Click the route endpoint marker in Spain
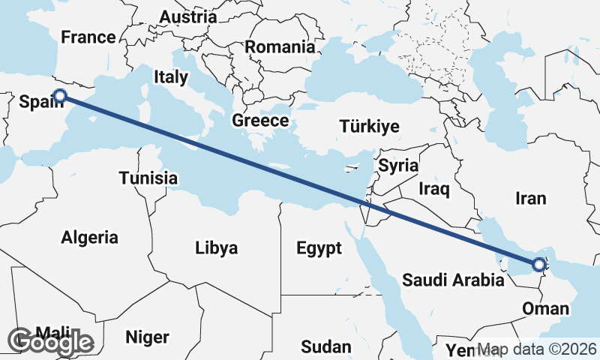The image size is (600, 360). (x=60, y=95)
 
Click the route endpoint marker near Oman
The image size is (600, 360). (x=538, y=264)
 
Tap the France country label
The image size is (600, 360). (x=88, y=37)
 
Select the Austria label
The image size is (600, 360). (x=188, y=16)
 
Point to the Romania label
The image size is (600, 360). (x=280, y=46)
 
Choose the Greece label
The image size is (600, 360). (x=260, y=120)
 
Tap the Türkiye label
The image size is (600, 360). (x=369, y=126)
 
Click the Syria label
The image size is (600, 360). (x=398, y=166)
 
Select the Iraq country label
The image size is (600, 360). (x=434, y=187)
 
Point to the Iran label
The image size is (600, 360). (x=531, y=198)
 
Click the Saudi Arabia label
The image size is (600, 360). (x=453, y=280)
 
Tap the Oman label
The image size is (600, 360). (x=544, y=308)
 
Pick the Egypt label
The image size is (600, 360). (x=319, y=247)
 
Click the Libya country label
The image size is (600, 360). (x=216, y=247)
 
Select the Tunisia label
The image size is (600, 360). (x=148, y=178)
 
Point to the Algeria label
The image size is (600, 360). (x=89, y=238)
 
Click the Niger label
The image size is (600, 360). (x=147, y=337)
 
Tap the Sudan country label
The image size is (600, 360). (x=325, y=346)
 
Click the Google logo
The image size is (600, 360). (x=52, y=342)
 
